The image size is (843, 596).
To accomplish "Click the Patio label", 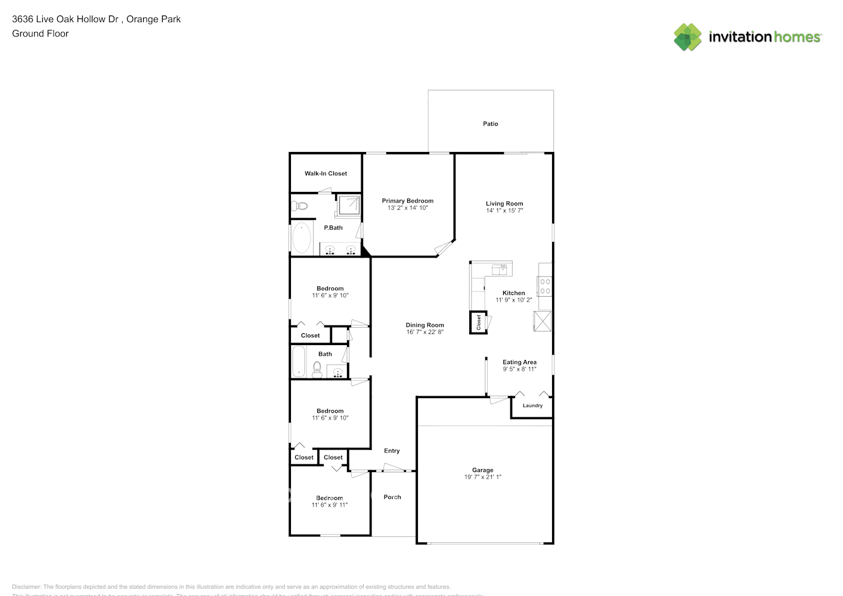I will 490,124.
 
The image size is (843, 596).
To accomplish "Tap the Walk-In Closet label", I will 326,173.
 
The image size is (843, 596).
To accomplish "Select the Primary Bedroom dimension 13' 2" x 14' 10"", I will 408,208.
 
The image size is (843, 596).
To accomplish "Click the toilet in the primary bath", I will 299,206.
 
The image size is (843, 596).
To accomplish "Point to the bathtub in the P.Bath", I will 302,238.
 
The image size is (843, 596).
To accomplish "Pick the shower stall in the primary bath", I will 348,205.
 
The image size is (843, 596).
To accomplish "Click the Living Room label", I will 504,203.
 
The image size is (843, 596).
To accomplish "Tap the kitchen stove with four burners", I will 544,287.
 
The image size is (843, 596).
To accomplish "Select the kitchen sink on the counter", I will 501,269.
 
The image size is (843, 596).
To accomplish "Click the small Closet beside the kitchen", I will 478,322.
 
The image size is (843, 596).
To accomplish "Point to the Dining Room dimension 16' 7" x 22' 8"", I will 425,332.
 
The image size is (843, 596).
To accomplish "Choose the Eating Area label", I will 519,362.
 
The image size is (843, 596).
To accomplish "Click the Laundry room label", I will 532,405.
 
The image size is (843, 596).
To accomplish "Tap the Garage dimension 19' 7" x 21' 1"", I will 483,477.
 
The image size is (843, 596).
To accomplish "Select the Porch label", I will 392,497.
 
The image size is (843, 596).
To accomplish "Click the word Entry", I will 392,451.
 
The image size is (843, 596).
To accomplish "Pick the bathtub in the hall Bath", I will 299,362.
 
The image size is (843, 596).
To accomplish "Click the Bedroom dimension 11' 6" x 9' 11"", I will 330,505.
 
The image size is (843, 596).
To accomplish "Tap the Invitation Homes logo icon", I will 687,37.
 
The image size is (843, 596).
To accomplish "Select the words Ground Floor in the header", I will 41,33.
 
